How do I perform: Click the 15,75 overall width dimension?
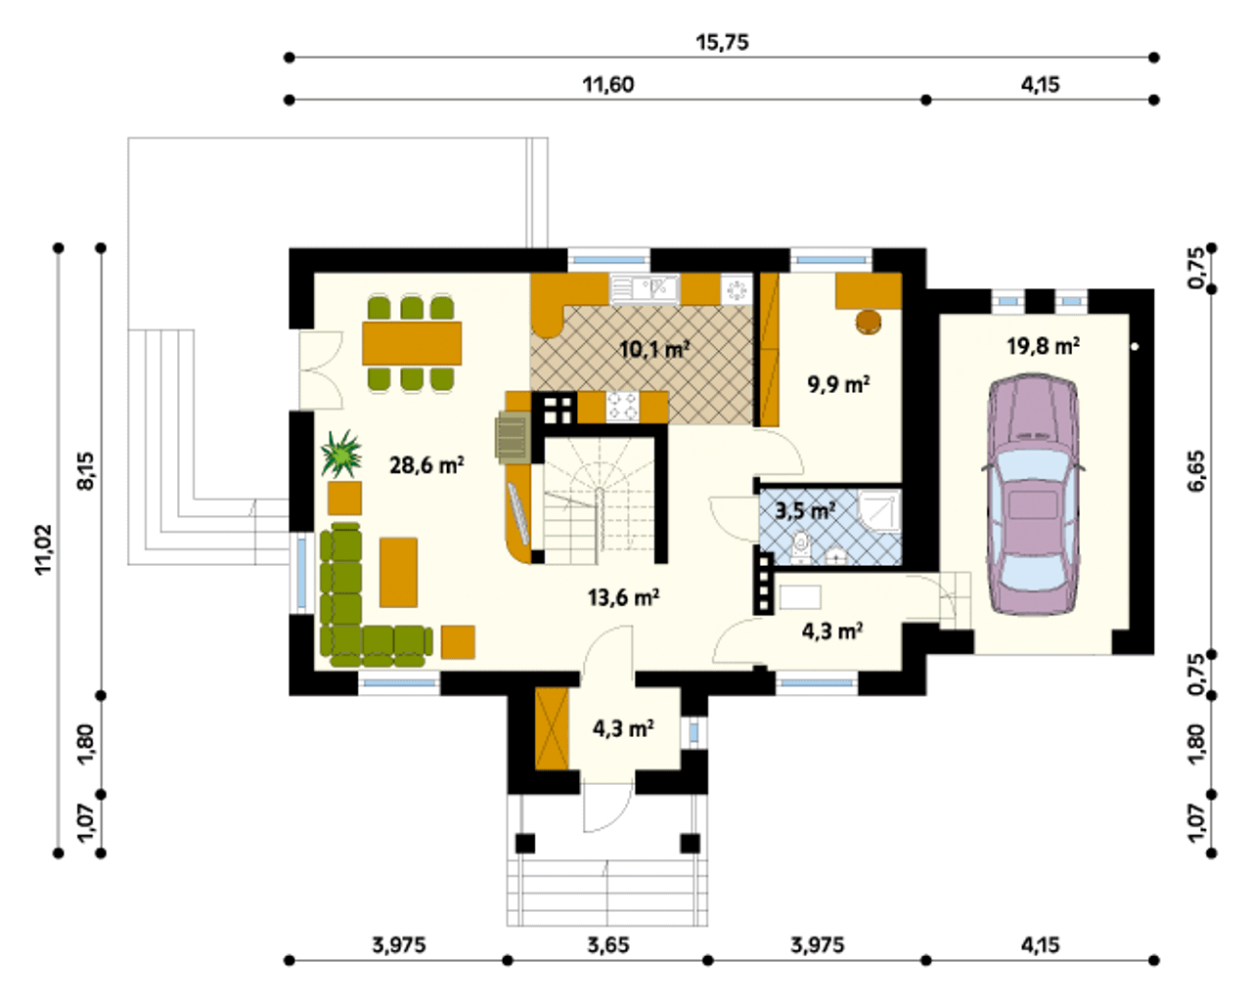(x=722, y=42)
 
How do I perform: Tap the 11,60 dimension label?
(x=608, y=85)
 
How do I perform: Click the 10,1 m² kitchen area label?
(x=654, y=350)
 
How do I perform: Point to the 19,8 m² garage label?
(x=1044, y=346)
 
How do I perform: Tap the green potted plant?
(x=341, y=454)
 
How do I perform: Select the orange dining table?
(x=412, y=343)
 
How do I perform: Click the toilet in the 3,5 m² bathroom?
(x=801, y=547)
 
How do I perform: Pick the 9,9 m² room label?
(x=839, y=384)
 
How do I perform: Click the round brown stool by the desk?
(x=869, y=322)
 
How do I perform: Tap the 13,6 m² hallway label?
(x=623, y=597)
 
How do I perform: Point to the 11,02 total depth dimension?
(x=44, y=550)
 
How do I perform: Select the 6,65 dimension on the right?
(x=1197, y=470)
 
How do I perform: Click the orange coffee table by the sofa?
(x=398, y=572)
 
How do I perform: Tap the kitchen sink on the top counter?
(x=645, y=289)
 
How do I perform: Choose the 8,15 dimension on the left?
(x=86, y=471)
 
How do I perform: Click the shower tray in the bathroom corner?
(x=880, y=511)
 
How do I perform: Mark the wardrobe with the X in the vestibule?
(x=552, y=729)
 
